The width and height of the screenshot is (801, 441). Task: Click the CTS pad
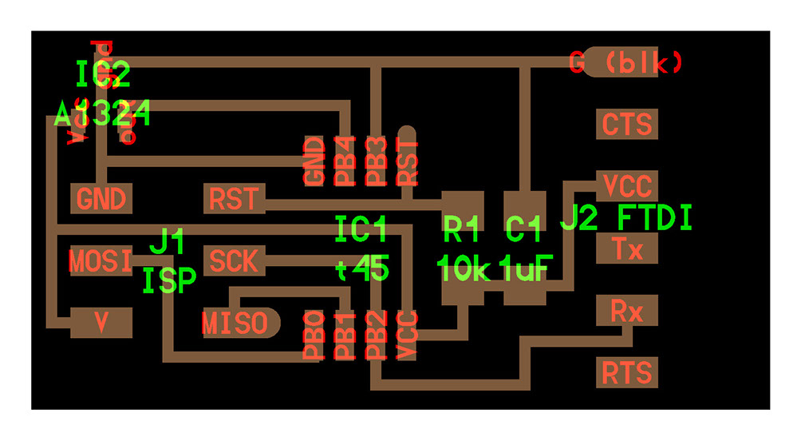coord(627,125)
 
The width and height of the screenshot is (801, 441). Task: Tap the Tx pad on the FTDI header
coord(627,249)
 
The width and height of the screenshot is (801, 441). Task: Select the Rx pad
coord(627,311)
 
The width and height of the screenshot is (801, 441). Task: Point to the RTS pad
coord(627,372)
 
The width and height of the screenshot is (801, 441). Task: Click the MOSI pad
coord(101,260)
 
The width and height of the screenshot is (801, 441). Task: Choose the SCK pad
coord(234,260)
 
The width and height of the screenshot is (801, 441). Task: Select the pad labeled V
coord(101,323)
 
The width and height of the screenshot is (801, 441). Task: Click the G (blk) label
coord(626,62)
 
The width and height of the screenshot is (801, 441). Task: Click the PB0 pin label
coord(314,336)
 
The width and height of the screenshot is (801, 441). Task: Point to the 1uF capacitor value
coord(524,270)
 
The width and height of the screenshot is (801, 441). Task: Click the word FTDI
coord(655,218)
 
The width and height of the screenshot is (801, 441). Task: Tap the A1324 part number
coord(102,117)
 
